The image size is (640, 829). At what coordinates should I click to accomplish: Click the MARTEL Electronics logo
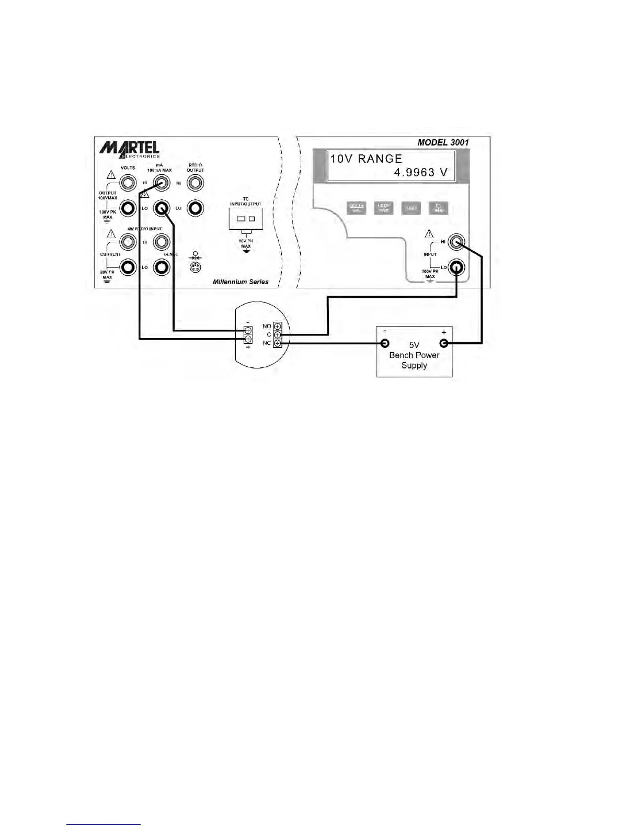(129, 149)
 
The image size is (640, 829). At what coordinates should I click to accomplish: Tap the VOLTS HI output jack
(127, 183)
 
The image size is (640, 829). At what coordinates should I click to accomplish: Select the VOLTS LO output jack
(127, 208)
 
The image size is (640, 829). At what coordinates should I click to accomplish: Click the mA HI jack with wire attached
(161, 183)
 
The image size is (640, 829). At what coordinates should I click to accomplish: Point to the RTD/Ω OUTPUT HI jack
(195, 183)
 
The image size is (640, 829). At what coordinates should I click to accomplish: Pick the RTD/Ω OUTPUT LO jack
(195, 208)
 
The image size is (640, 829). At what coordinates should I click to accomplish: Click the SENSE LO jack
(161, 267)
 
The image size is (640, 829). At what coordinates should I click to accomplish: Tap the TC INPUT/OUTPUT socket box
(246, 218)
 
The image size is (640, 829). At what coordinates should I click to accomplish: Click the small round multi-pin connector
(195, 268)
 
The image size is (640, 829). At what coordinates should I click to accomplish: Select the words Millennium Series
(241, 282)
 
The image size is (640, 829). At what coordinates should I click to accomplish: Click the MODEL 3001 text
(443, 142)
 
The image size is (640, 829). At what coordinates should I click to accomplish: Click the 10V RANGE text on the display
(366, 159)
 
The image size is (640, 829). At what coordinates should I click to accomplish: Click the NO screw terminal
(277, 326)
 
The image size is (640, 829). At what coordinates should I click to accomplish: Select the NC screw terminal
(277, 343)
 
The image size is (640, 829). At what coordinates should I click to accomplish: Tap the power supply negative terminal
(385, 343)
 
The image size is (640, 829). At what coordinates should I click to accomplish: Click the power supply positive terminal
(444, 343)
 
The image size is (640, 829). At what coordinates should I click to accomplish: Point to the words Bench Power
(414, 355)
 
